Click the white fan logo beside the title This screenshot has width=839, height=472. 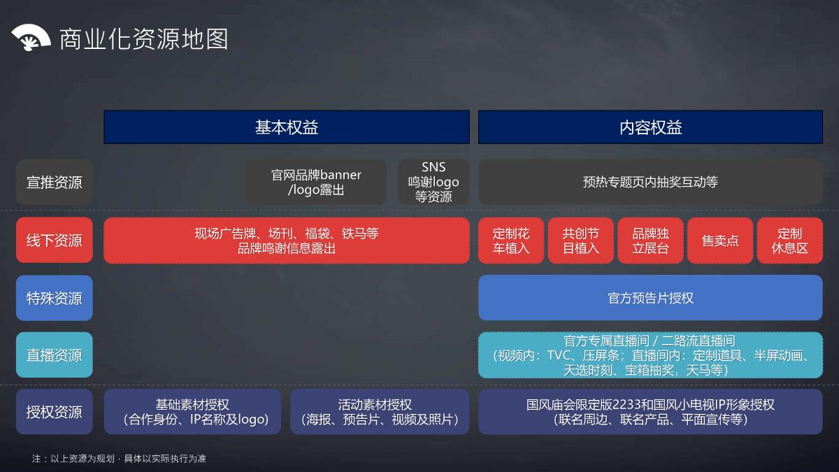tap(31, 38)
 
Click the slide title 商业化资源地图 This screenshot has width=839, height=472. tap(143, 39)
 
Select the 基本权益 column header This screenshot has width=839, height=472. tap(287, 127)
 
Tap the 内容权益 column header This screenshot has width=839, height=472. tap(650, 127)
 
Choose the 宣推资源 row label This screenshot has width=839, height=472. tap(55, 183)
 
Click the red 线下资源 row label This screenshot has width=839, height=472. tap(55, 241)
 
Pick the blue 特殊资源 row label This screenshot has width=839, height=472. tap(55, 299)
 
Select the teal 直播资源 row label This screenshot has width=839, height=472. tap(55, 355)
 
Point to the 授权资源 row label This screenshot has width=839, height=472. tap(55, 412)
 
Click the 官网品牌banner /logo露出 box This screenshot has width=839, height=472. tap(316, 183)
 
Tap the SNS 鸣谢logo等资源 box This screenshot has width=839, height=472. tap(433, 183)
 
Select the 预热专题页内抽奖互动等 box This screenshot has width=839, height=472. tap(650, 183)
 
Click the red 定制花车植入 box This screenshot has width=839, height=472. tap(511, 241)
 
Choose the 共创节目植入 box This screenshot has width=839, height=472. tap(581, 241)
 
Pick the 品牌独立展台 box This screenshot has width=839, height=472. tap(650, 241)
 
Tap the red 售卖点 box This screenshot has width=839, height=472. tap(720, 241)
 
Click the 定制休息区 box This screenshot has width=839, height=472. tap(789, 241)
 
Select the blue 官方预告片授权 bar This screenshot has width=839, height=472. tap(650, 299)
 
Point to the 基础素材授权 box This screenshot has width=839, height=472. tap(192, 412)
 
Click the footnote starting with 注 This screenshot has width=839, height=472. tap(119, 459)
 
